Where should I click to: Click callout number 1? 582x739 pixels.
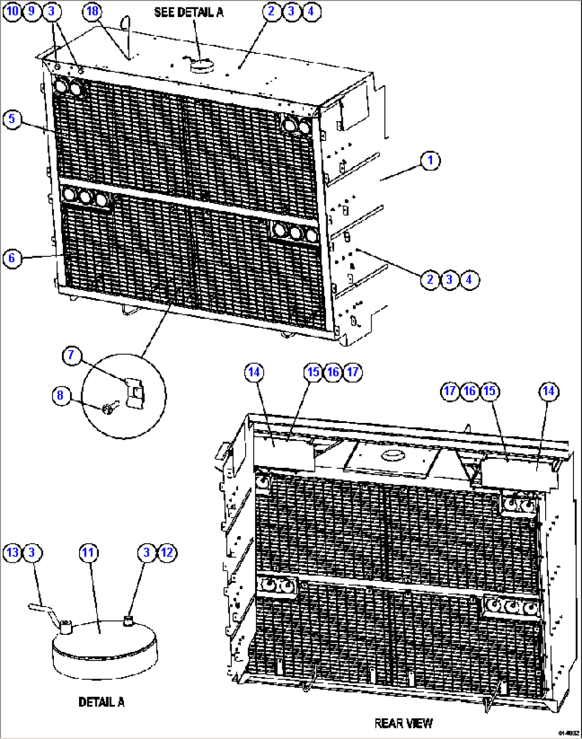point(430,161)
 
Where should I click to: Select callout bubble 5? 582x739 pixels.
point(12,119)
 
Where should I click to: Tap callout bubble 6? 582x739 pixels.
point(12,258)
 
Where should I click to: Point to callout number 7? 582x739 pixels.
point(72,356)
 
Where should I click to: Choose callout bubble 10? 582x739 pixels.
point(12,11)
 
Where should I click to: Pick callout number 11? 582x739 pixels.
point(89,553)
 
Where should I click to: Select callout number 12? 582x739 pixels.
point(167,553)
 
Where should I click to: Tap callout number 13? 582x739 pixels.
point(12,553)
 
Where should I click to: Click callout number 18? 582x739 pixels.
point(93,11)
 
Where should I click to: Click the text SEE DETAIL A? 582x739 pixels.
point(188,12)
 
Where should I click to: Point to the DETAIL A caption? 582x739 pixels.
point(101,702)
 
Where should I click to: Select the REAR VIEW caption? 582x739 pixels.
point(403,724)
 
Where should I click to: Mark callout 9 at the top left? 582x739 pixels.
point(32,11)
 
